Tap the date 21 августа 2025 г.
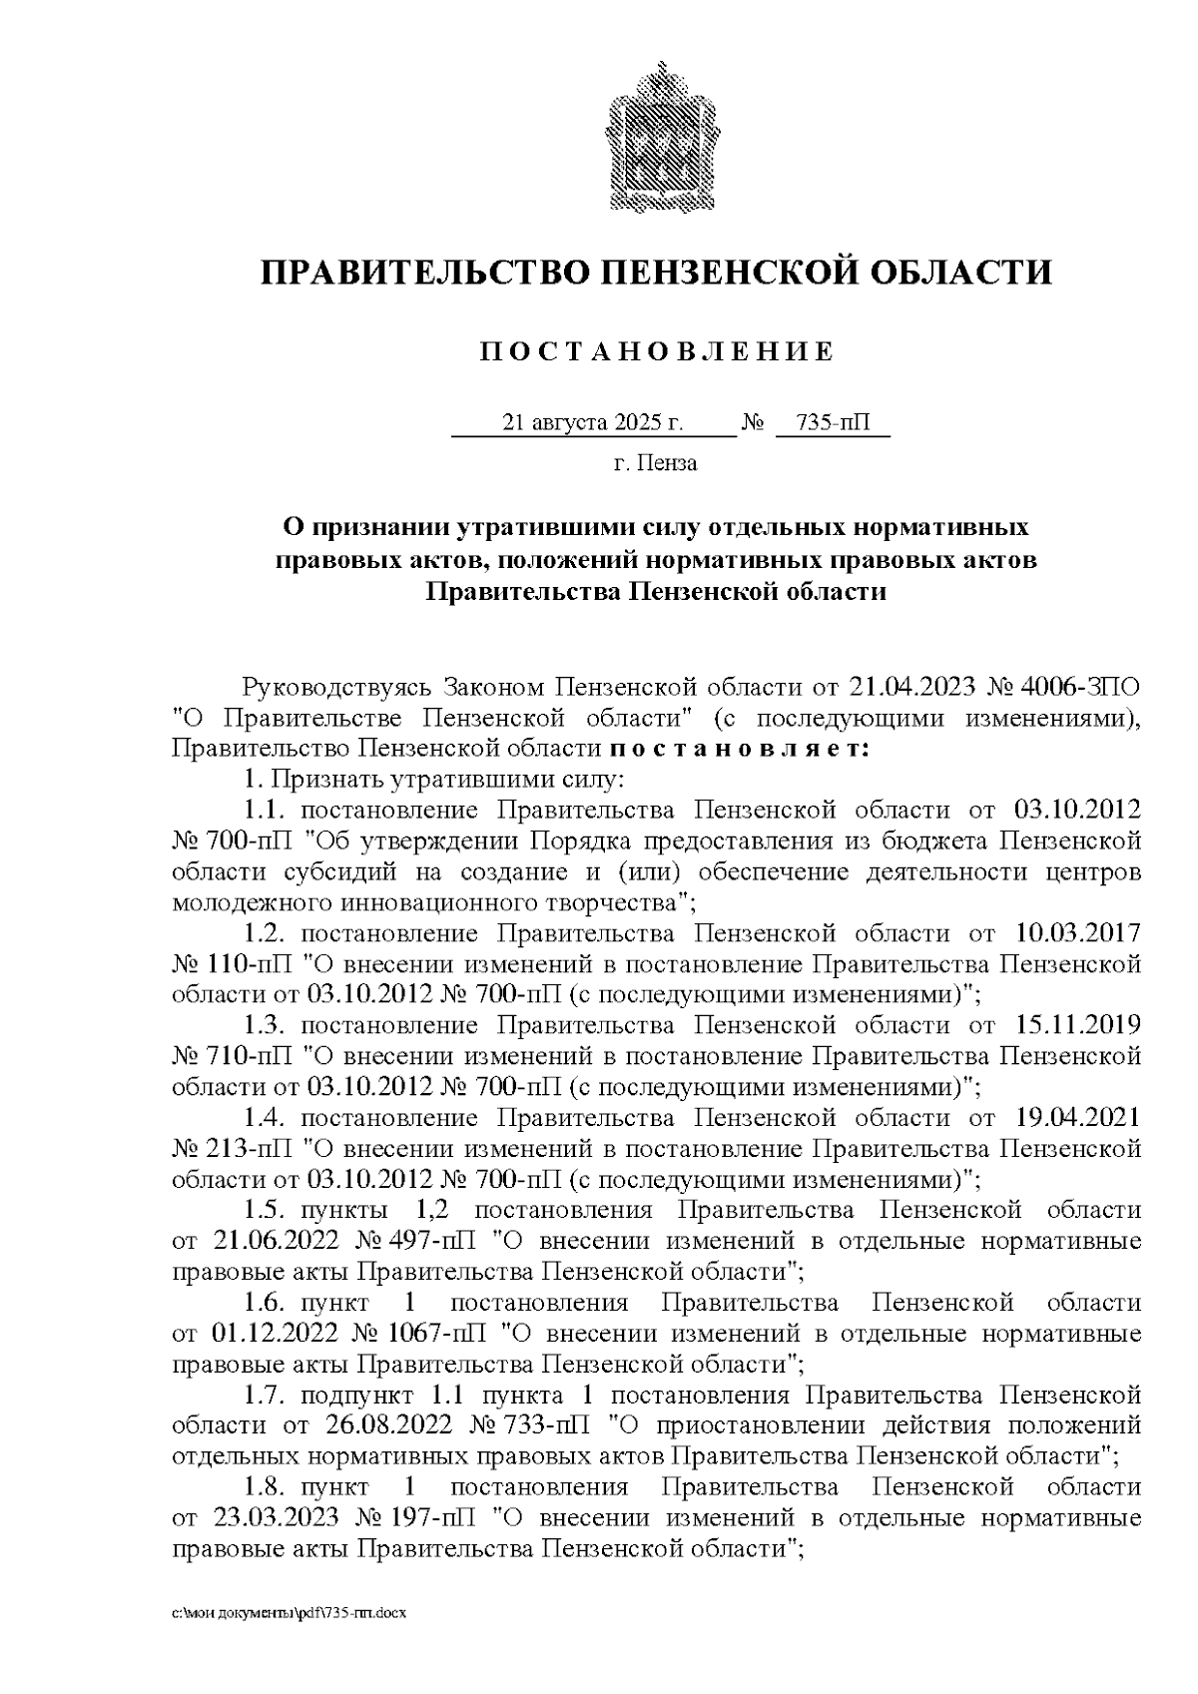(593, 423)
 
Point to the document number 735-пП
(833, 423)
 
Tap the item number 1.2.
(267, 933)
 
